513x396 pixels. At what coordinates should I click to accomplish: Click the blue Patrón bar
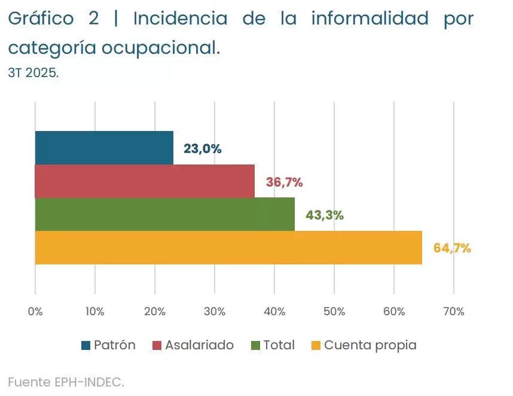click(x=104, y=148)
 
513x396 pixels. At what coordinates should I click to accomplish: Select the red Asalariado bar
click(x=145, y=181)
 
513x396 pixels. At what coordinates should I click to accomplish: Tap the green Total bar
click(x=164, y=214)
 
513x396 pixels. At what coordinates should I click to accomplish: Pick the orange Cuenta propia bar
click(x=228, y=248)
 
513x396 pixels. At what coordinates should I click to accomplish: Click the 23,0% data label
click(x=202, y=149)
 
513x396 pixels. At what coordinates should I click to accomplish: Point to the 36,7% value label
click(x=284, y=182)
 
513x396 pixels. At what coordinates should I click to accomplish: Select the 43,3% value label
click(x=324, y=215)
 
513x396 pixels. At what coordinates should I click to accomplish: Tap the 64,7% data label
click(x=452, y=248)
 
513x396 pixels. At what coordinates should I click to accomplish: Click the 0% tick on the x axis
click(x=35, y=312)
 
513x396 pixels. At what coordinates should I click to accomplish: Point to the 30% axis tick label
click(x=215, y=312)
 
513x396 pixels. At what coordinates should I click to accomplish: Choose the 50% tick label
click(x=334, y=312)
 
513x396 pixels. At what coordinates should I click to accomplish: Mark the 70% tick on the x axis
click(x=454, y=312)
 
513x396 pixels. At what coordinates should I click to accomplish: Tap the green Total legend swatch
click(x=256, y=346)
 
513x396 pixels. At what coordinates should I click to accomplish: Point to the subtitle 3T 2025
click(x=33, y=73)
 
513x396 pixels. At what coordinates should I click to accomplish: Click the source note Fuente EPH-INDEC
click(x=66, y=382)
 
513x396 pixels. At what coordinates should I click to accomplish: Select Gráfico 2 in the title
click(x=53, y=19)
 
